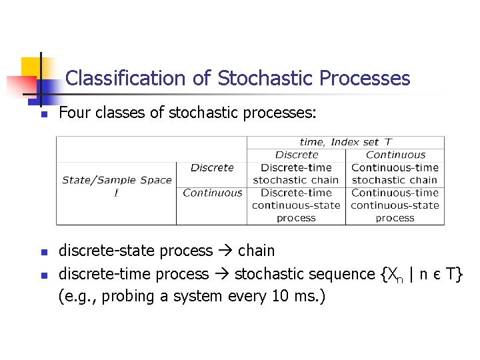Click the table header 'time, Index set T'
345,141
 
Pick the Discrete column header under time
297,155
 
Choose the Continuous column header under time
395,155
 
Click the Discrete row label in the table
212,167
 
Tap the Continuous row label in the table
212,193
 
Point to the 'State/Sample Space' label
117,180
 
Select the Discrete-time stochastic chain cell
296,173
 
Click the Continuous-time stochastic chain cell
395,173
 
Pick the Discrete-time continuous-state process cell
296,205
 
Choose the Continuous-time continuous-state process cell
395,205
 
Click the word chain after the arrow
256,251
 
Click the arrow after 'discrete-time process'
222,274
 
